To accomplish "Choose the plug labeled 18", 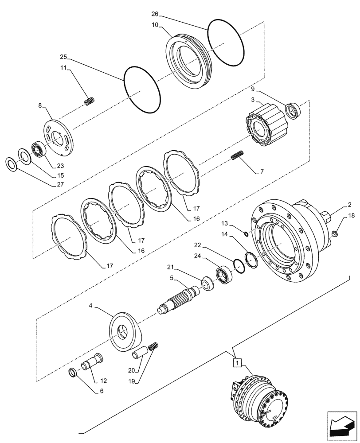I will coord(336,232).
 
